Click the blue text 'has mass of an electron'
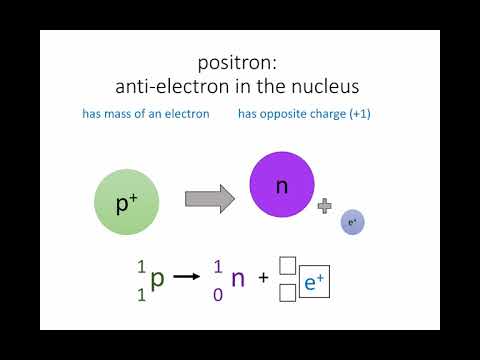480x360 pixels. pos(146,114)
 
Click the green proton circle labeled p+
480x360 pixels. pos(126,203)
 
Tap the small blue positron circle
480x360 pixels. pos(352,222)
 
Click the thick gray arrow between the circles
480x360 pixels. pos(210,197)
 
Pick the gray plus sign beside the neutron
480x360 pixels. pos(324,205)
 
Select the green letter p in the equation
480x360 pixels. pos(156,279)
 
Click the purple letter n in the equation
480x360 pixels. pos(237,279)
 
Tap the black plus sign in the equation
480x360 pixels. pos(263,279)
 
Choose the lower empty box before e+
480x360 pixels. pos(287,293)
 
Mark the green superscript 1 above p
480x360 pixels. pos(140,267)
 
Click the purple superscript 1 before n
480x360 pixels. pos(218,267)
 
